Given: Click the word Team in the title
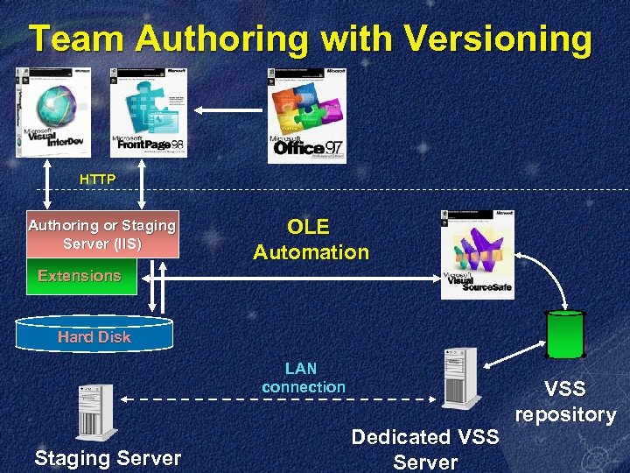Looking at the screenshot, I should click(x=78, y=40).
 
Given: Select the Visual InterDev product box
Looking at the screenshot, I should click(x=52, y=112).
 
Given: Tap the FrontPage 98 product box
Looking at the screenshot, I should click(x=148, y=112).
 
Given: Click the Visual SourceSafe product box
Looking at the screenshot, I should click(x=477, y=255).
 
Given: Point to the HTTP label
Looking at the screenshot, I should click(x=97, y=180).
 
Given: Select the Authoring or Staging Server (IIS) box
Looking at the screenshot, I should click(x=102, y=234).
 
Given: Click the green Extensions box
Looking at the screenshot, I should click(x=80, y=276).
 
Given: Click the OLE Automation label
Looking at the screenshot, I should click(x=311, y=239).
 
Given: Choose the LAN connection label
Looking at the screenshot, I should click(x=303, y=378).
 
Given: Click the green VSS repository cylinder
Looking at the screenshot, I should click(x=564, y=335).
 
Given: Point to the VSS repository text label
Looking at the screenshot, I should click(x=565, y=402).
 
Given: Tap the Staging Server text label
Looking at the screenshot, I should click(x=108, y=457).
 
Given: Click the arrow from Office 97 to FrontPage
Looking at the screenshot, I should click(x=227, y=110).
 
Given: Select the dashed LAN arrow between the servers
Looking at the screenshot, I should click(x=278, y=399).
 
